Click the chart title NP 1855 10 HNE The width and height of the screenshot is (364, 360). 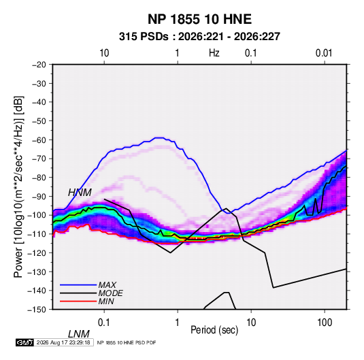[x=199, y=19]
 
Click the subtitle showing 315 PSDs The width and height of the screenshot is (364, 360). [x=199, y=37]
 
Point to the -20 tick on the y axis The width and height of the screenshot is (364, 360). [x=39, y=65]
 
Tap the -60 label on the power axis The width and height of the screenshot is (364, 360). [x=39, y=140]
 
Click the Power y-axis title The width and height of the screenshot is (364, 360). [x=18, y=186]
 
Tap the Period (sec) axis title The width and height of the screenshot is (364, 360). [x=214, y=330]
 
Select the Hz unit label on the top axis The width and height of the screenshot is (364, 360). [x=214, y=53]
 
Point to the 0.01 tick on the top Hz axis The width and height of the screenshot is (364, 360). [x=324, y=53]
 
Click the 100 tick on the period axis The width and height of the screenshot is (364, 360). [x=325, y=323]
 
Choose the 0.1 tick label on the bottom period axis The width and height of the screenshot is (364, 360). [x=103, y=323]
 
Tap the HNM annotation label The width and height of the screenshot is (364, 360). [x=80, y=193]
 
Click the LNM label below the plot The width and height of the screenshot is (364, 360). [x=78, y=334]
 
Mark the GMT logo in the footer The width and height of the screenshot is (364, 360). [x=24, y=342]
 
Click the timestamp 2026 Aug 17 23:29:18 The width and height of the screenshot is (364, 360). [x=63, y=342]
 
